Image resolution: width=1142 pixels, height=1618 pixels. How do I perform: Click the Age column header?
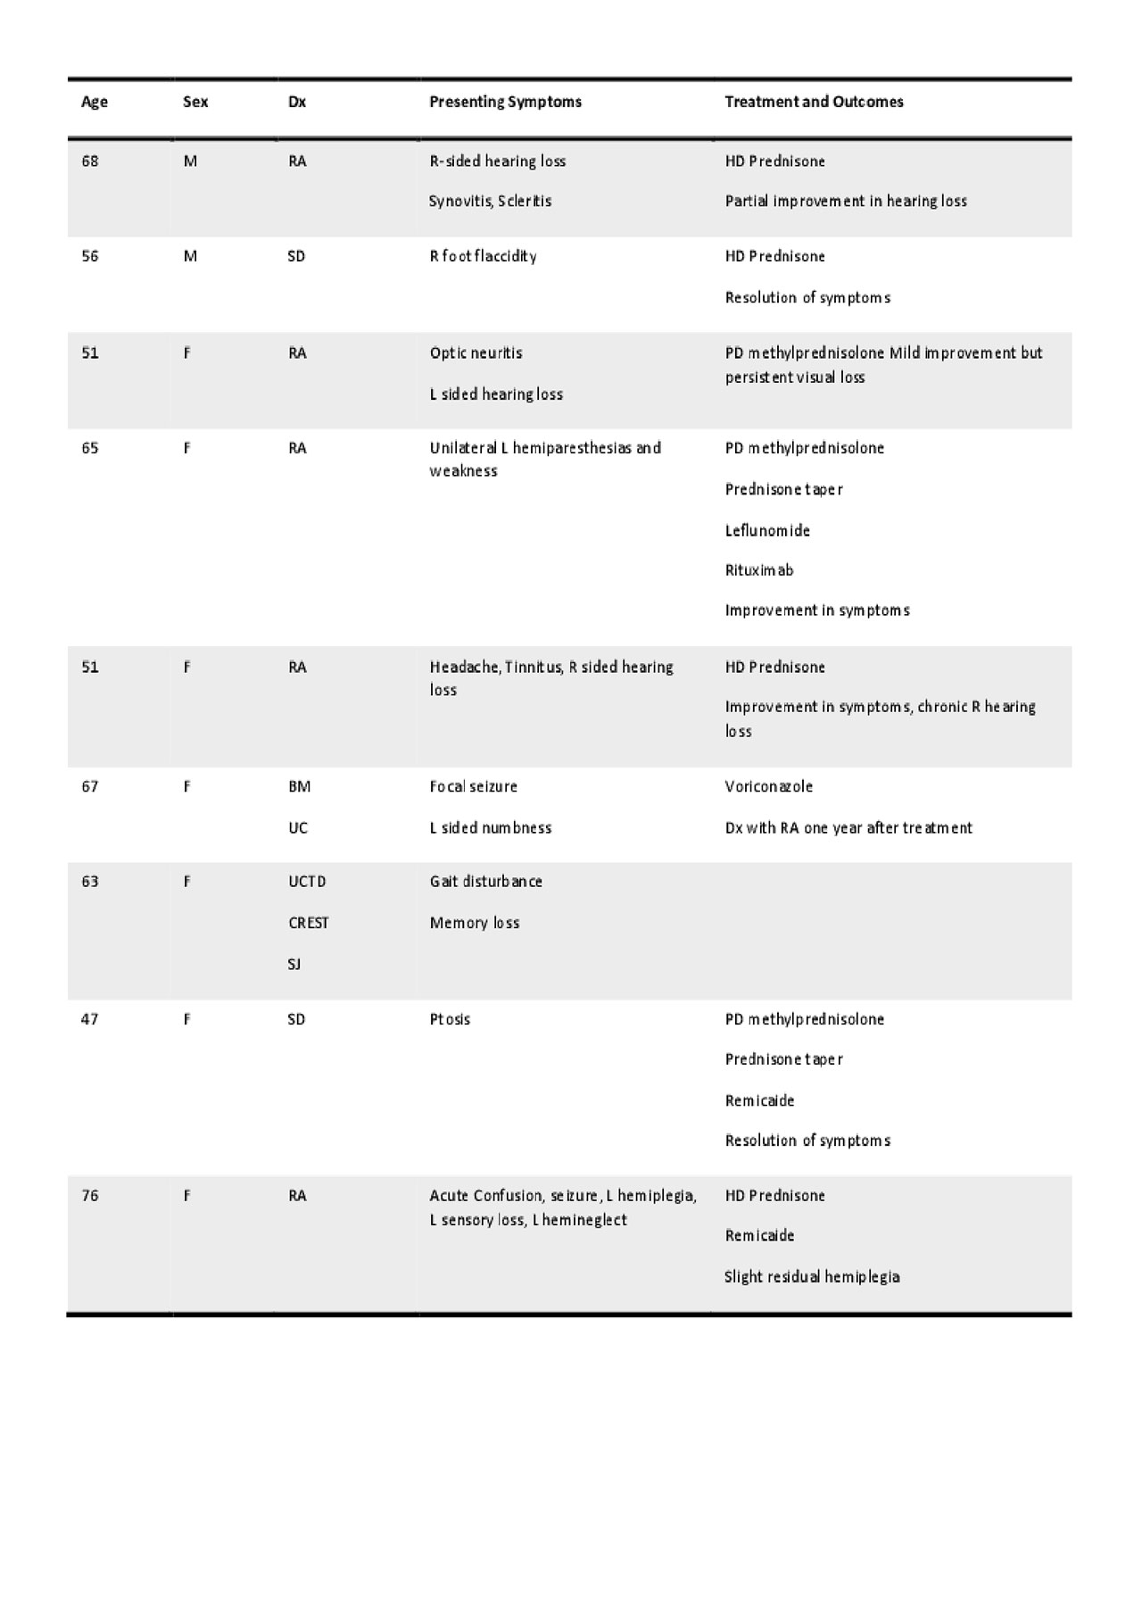(95, 102)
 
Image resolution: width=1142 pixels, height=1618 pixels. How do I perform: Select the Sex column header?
(195, 102)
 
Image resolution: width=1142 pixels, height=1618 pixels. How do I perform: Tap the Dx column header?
(297, 102)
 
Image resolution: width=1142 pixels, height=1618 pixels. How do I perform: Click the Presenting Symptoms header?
(505, 102)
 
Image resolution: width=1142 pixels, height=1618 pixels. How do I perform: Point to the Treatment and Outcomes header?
(814, 102)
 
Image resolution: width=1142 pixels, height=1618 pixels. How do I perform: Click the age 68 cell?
(90, 162)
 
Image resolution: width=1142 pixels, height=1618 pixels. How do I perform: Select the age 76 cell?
(90, 1196)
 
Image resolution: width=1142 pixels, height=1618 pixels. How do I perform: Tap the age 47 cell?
(90, 1019)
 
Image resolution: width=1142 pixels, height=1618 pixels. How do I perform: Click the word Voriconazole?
(769, 787)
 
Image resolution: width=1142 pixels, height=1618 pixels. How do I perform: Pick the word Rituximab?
(759, 570)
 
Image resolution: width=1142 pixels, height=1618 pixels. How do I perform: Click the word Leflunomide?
(767, 531)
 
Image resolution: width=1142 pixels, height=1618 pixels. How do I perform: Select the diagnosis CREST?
(309, 923)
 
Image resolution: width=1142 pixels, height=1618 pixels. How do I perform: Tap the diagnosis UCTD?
(308, 882)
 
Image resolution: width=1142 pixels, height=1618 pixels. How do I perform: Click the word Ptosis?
(450, 1019)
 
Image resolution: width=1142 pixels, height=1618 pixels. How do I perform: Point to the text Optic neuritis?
(476, 353)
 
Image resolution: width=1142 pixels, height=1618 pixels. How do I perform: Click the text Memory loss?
(475, 923)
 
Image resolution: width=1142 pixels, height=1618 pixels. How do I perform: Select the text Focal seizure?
(474, 787)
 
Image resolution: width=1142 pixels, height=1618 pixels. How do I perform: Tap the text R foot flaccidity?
(484, 257)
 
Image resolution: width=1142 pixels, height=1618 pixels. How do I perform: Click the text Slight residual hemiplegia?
(812, 1277)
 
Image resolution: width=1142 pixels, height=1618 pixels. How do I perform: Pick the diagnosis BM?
(300, 787)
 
